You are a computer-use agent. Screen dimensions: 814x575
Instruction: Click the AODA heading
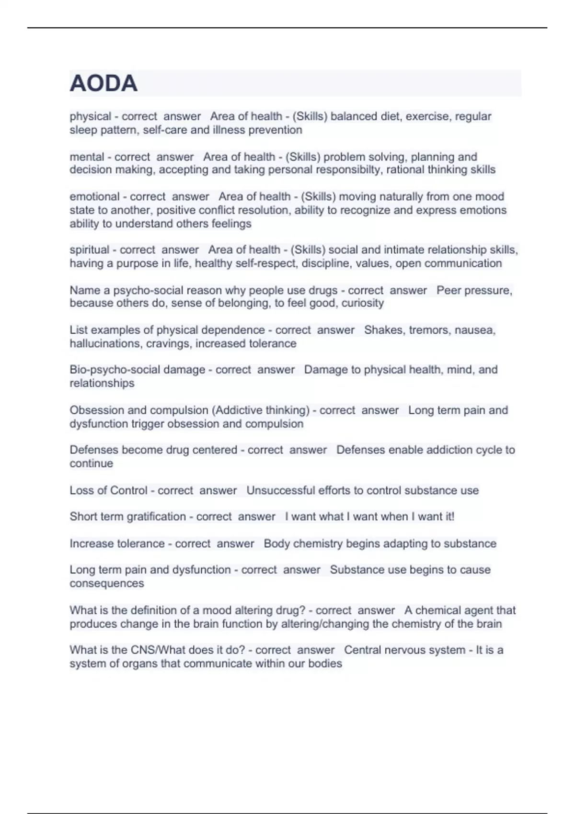pos(103,83)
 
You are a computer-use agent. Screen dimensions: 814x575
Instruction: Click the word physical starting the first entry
pos(90,116)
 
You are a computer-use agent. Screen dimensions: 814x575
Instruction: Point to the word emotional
pos(93,197)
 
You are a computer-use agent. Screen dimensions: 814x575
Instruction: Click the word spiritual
pos(90,250)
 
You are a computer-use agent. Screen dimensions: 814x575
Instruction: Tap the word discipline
pos(324,263)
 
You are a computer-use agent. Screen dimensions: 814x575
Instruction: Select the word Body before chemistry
pos(276,544)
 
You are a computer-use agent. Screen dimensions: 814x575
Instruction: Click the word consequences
pos(106,584)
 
